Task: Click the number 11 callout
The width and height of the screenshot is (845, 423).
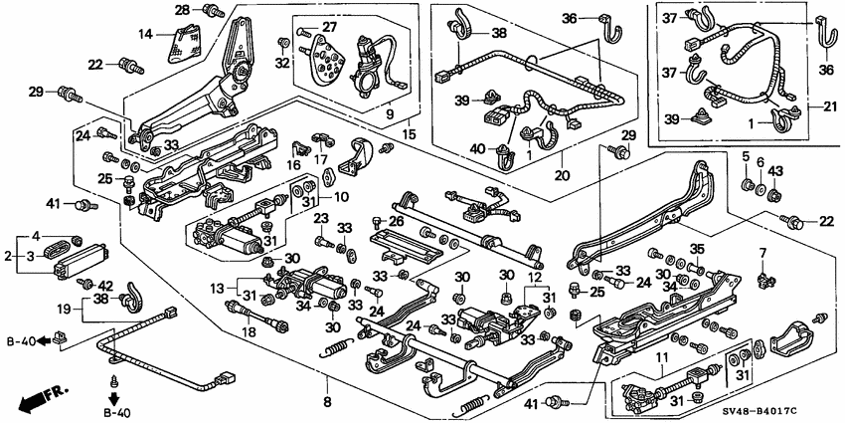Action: [x=660, y=356]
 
